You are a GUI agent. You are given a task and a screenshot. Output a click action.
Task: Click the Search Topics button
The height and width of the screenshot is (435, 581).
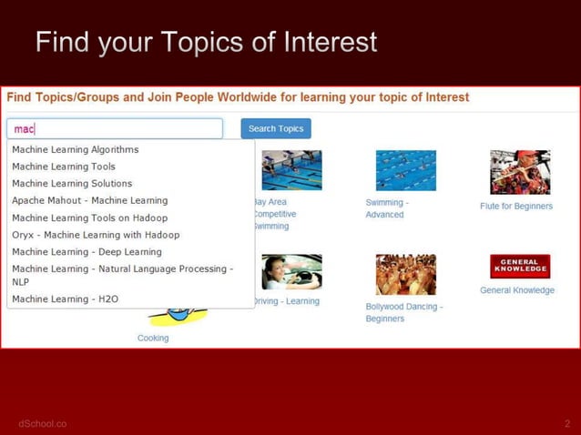276,128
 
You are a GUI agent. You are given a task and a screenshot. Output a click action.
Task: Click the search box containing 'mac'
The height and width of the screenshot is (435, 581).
115,128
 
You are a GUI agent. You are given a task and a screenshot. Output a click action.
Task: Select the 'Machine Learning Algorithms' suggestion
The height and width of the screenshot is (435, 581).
76,149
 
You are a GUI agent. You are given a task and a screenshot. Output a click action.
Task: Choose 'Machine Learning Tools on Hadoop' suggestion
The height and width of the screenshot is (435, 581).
89,217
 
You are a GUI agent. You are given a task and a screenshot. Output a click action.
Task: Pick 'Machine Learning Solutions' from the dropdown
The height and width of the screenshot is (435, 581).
72,184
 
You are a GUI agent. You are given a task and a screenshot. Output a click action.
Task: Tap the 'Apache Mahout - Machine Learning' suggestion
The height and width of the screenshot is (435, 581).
89,200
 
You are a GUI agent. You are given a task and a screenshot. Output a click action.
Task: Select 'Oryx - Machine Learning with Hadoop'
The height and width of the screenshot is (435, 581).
96,235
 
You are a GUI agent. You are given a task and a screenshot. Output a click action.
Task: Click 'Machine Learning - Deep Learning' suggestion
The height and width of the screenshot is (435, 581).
87,252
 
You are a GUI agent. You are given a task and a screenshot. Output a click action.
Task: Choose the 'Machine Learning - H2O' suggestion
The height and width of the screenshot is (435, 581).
65,298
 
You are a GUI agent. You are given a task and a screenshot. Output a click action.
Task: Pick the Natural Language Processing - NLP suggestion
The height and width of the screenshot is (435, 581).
122,275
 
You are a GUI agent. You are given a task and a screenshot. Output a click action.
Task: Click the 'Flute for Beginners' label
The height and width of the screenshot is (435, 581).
516,207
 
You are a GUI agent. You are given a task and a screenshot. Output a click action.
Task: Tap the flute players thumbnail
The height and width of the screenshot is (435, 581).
520,172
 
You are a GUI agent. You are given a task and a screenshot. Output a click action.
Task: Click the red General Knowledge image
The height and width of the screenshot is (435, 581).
520,266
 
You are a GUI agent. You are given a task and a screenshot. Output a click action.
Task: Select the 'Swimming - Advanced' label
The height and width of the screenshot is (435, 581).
386,208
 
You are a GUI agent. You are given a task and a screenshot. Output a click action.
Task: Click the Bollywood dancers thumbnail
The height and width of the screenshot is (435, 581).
405,274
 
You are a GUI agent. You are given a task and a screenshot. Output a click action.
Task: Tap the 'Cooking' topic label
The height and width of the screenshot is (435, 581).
153,338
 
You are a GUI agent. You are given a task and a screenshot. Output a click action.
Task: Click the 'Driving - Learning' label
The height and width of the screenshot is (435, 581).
286,301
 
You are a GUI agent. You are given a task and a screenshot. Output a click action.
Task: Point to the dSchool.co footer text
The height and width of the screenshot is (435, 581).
42,424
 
